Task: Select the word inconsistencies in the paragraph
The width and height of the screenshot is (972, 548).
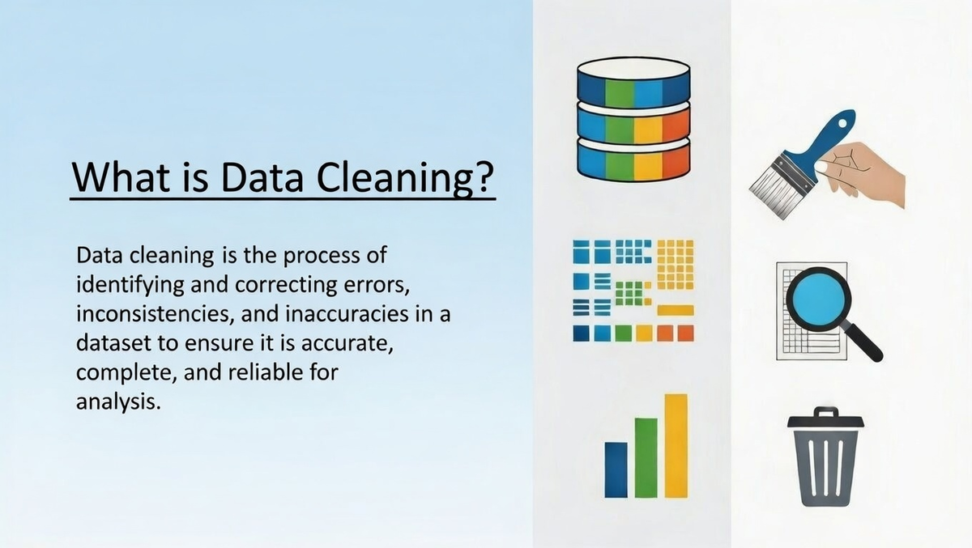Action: point(153,314)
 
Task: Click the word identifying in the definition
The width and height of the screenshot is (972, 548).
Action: point(130,286)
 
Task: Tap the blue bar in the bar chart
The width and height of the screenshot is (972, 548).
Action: point(616,470)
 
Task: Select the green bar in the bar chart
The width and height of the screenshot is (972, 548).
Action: point(646,458)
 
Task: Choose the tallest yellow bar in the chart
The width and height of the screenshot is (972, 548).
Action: point(676,446)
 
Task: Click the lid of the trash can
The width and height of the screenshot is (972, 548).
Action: point(825,422)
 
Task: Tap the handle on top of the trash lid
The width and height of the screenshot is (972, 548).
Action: point(825,411)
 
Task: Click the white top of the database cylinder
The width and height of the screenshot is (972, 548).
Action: point(633,68)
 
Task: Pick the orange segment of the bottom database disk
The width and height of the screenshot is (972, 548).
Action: point(676,161)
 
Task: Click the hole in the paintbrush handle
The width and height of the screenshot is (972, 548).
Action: point(842,124)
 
